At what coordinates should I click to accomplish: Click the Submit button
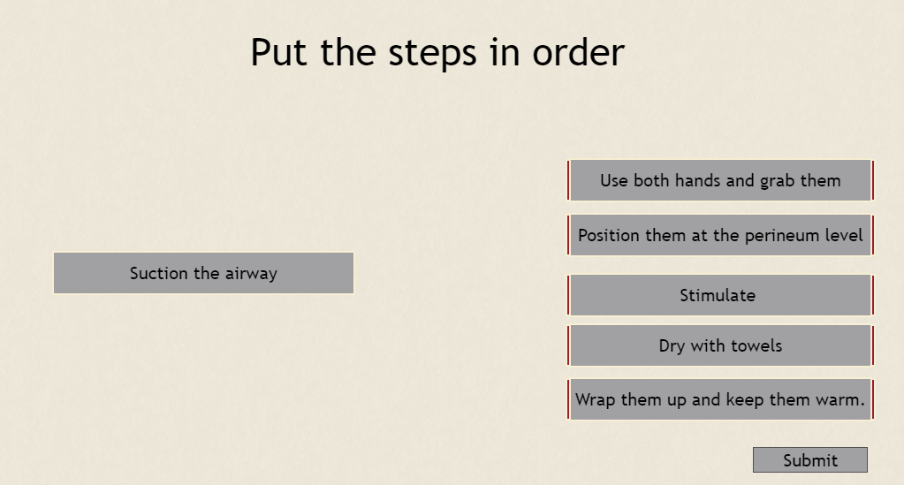[810, 459]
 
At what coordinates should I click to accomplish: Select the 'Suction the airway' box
[203, 273]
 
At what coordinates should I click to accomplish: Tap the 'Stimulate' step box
[721, 295]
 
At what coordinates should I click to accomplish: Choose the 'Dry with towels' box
[721, 345]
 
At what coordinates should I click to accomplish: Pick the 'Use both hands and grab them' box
[721, 180]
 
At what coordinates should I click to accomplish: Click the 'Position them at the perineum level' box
[721, 235]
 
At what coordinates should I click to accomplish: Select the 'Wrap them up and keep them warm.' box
[721, 399]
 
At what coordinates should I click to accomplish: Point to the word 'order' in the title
[578, 52]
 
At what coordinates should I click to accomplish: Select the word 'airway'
[251, 274]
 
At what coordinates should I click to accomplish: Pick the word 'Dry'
[672, 346]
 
